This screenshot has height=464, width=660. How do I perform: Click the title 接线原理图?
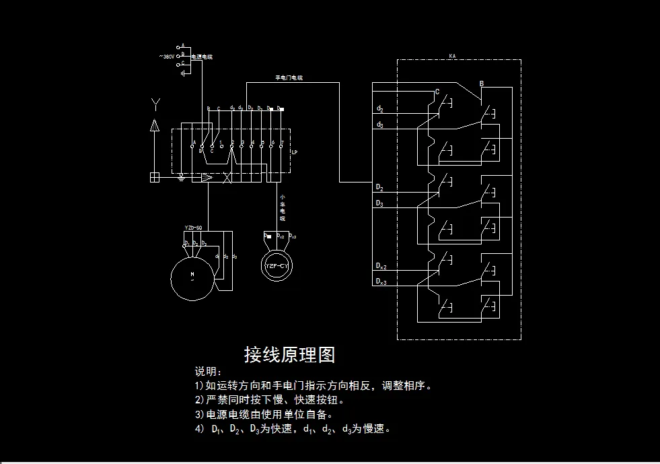click(x=289, y=354)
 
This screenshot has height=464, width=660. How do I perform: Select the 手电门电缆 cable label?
click(x=289, y=78)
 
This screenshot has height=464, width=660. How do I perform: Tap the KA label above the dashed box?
click(x=452, y=55)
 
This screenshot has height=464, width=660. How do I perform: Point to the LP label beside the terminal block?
click(x=294, y=152)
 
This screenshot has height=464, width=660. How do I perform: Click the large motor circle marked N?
click(x=192, y=275)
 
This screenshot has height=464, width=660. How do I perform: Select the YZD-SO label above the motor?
click(x=193, y=228)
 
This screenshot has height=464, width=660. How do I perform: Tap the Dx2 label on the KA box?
click(x=381, y=267)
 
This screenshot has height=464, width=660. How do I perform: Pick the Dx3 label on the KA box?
click(x=381, y=281)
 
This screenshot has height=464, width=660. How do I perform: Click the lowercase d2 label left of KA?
click(x=380, y=108)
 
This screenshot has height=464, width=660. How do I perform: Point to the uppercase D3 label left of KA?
click(x=379, y=203)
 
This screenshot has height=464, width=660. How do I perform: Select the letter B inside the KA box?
click(x=481, y=84)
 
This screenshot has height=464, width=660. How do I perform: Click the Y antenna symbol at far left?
click(x=155, y=104)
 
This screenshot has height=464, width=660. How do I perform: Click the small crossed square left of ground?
click(x=155, y=177)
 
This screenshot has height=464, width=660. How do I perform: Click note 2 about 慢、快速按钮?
click(x=270, y=400)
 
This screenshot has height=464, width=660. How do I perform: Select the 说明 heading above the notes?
click(x=208, y=372)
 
